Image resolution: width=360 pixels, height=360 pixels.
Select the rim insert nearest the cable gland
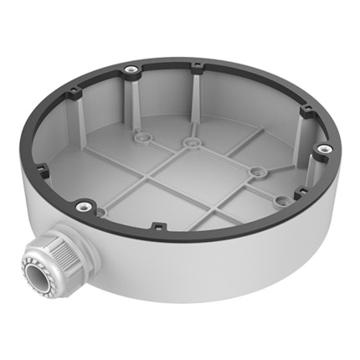(81, 205)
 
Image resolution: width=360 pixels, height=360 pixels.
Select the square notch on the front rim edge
(157, 224)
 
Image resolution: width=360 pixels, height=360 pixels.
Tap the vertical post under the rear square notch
(196, 100)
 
